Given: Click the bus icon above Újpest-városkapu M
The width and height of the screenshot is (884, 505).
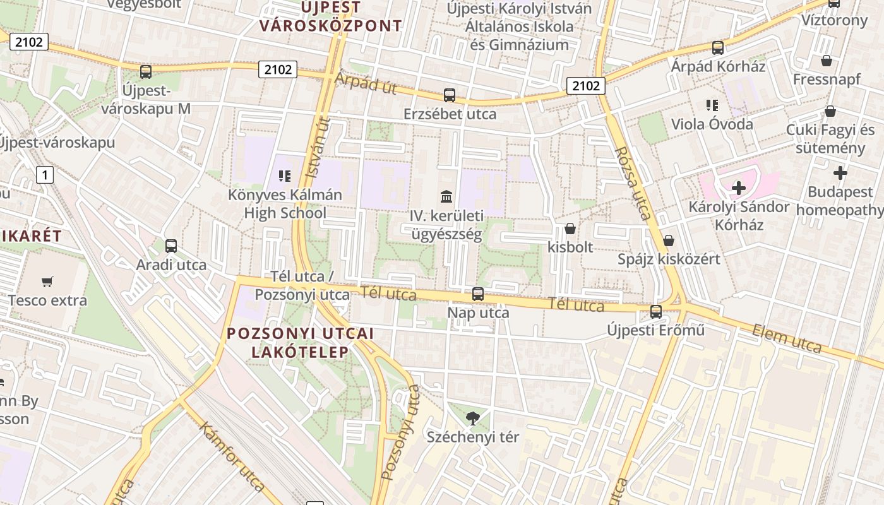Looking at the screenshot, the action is (x=146, y=71).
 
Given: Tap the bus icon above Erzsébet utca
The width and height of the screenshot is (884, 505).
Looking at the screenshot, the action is (x=450, y=95).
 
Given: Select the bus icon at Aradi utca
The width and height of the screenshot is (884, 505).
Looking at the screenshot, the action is (x=171, y=246).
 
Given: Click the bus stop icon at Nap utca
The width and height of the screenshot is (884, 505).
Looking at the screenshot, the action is (x=478, y=294).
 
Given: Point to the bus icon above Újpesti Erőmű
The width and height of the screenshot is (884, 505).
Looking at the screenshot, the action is (x=656, y=311).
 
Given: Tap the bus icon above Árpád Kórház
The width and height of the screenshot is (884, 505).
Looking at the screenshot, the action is (x=718, y=47).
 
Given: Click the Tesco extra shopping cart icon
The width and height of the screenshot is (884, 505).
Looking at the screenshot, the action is (x=47, y=282).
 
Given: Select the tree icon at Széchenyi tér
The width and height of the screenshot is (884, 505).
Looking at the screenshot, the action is (x=472, y=417).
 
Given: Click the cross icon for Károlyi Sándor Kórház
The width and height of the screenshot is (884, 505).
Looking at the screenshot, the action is (x=739, y=187).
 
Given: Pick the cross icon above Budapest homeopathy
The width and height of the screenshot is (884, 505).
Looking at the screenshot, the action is (x=840, y=172).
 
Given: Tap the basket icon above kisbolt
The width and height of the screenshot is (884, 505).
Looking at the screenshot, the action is (x=570, y=229).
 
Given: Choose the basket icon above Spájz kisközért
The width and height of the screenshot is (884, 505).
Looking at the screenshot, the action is (x=669, y=241).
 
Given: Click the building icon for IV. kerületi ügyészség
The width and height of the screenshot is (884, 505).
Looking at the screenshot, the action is (x=446, y=196).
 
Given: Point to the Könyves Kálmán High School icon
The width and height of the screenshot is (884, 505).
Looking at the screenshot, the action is (x=285, y=175).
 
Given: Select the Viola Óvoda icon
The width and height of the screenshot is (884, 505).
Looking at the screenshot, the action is (x=712, y=105).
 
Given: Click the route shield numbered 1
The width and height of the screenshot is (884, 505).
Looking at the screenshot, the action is (x=45, y=174).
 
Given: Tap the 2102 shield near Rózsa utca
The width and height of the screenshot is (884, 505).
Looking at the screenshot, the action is (x=586, y=85).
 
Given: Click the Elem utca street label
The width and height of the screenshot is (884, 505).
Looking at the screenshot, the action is (x=786, y=338).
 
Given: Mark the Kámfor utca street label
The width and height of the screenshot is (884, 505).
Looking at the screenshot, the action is (x=232, y=456).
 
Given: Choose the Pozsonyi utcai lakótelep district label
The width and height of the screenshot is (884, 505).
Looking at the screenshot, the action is (x=300, y=343).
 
